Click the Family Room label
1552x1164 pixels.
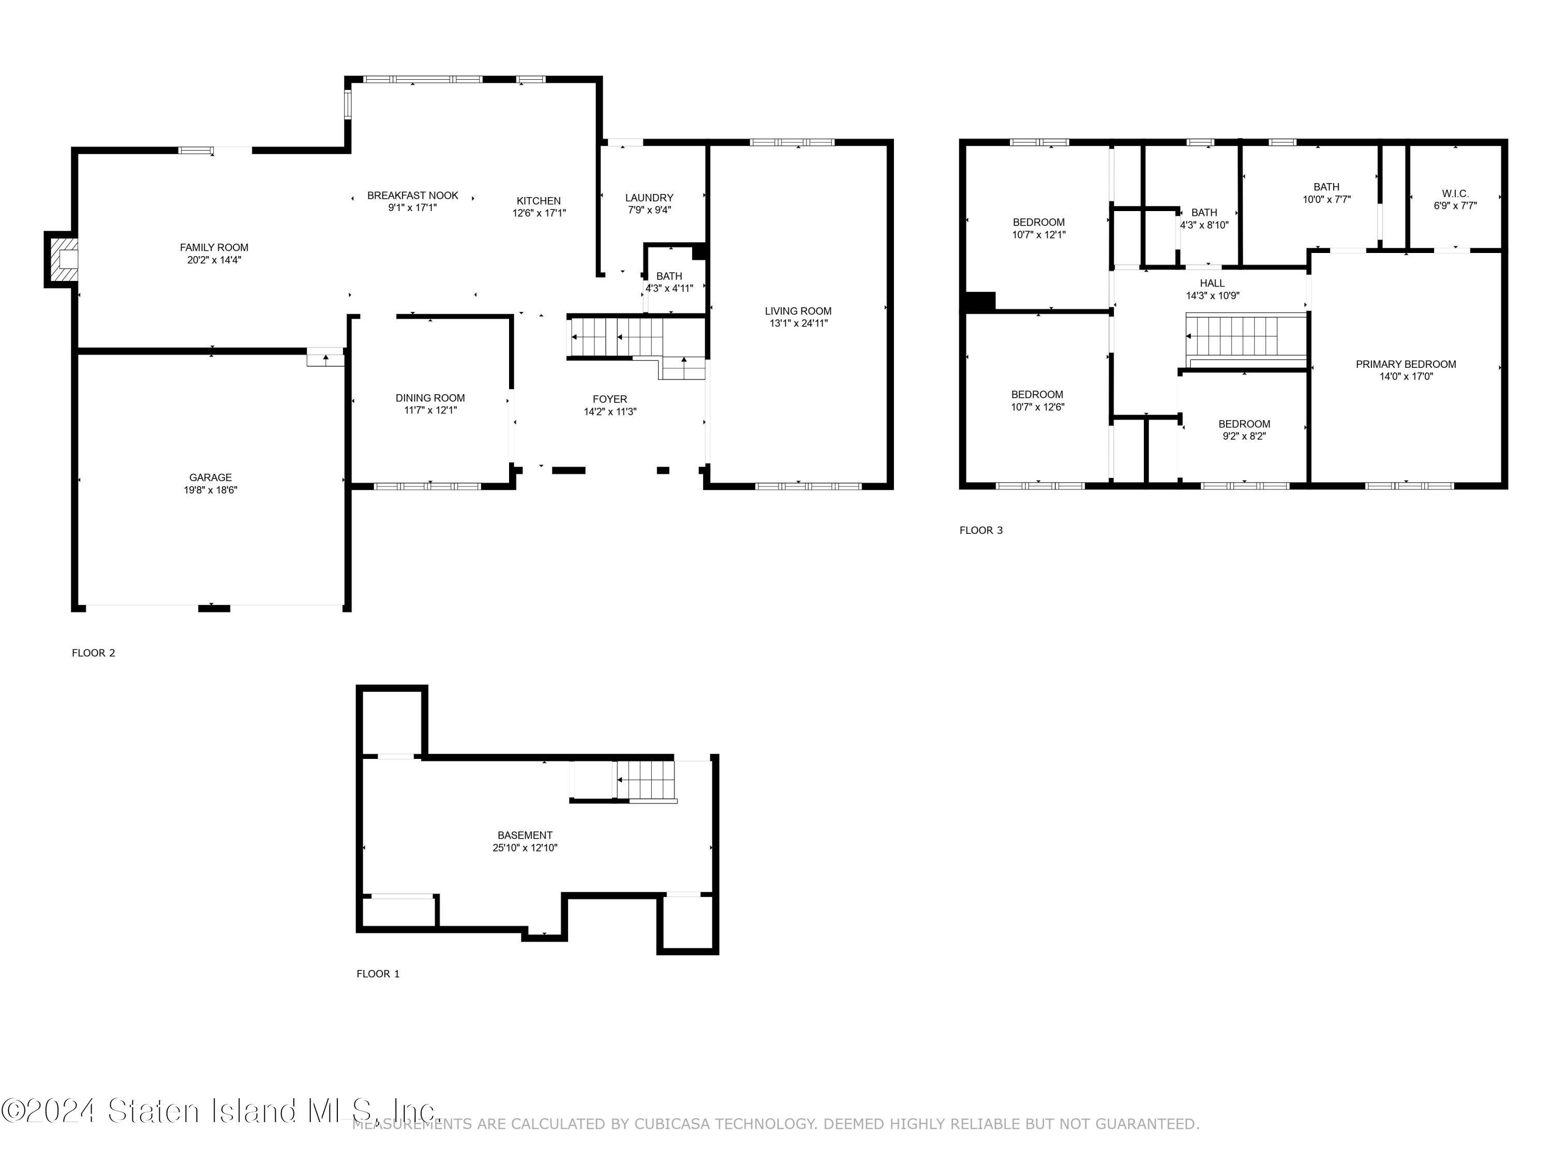click(214, 247)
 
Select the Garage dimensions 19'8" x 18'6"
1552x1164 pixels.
click(211, 490)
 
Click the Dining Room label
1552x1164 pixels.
click(430, 398)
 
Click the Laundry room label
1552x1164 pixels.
click(649, 198)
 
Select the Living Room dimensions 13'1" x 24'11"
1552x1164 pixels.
click(798, 323)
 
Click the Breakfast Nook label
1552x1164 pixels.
click(412, 196)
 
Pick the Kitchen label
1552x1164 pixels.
click(539, 201)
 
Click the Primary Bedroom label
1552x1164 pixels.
click(1406, 364)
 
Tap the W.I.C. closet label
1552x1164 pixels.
click(1455, 193)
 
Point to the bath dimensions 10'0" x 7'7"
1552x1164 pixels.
click(1326, 199)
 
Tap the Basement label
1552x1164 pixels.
click(525, 835)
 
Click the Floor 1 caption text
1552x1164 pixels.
click(378, 974)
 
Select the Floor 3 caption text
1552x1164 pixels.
click(981, 530)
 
